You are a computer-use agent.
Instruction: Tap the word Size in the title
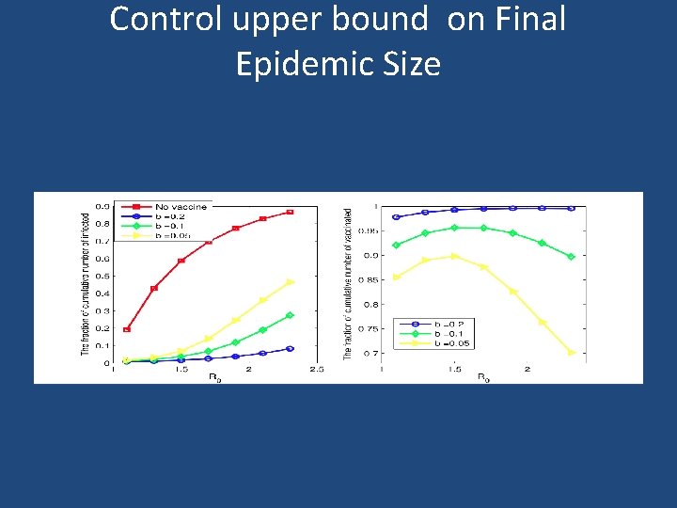(414, 64)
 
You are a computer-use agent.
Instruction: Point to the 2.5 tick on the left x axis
(317, 370)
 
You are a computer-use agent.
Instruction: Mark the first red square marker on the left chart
(127, 329)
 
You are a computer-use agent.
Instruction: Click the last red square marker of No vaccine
(291, 212)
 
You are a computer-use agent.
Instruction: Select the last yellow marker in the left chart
(291, 281)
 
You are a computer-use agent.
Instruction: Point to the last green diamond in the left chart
(291, 315)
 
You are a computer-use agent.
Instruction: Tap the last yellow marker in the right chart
(572, 353)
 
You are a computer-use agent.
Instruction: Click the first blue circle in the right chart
(396, 217)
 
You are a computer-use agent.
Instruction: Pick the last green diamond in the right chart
(572, 256)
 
